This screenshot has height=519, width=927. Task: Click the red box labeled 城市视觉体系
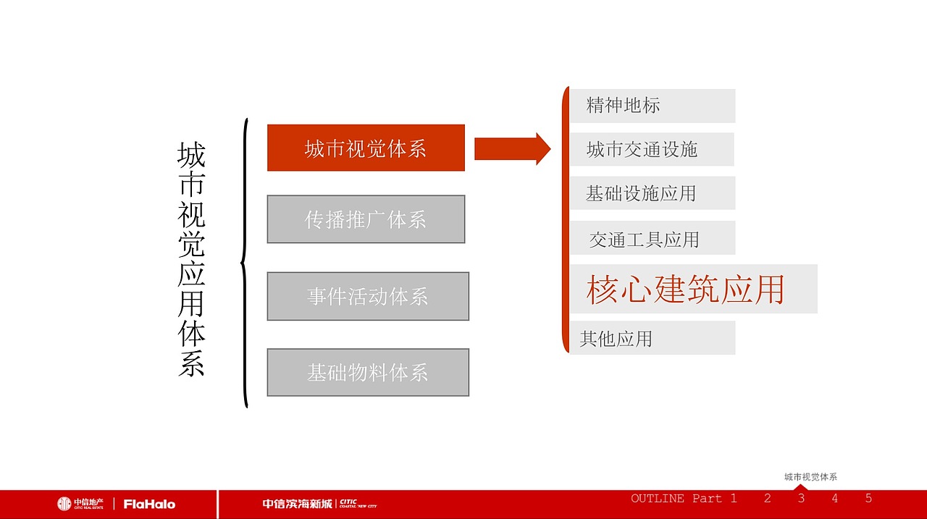pyautogui.click(x=366, y=148)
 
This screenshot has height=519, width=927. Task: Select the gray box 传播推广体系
pyautogui.click(x=366, y=219)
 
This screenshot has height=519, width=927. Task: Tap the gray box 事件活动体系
pyautogui.click(x=368, y=296)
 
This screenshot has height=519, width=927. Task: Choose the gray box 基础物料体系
pyautogui.click(x=368, y=373)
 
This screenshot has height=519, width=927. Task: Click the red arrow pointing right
pyautogui.click(x=512, y=148)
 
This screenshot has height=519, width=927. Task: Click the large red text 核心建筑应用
pyautogui.click(x=686, y=290)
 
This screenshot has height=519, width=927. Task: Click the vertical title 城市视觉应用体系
pyautogui.click(x=191, y=258)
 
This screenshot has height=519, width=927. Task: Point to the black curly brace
pyautogui.click(x=245, y=262)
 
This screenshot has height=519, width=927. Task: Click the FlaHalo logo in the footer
pyautogui.click(x=149, y=504)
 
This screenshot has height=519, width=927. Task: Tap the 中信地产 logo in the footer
pyautogui.click(x=80, y=504)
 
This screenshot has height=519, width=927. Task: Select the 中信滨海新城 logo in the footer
pyautogui.click(x=319, y=504)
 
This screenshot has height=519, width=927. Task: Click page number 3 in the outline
pyautogui.click(x=801, y=498)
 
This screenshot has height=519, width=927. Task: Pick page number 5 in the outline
pyautogui.click(x=868, y=498)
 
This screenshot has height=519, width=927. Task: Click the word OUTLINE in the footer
pyautogui.click(x=658, y=498)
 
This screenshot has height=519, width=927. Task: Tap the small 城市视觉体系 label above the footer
pyautogui.click(x=810, y=477)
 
